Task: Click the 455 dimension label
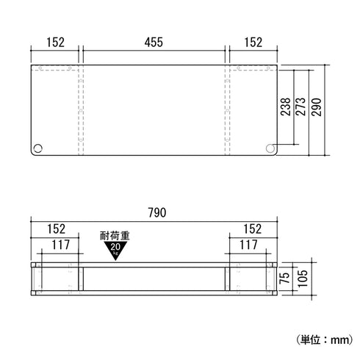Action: point(154,42)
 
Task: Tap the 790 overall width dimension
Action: point(157,212)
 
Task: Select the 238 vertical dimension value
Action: point(286,107)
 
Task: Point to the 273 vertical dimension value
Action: point(300,107)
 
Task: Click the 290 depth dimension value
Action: point(316,107)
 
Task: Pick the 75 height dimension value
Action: point(285,278)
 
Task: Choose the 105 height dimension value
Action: point(303,278)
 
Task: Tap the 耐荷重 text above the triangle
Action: point(115,236)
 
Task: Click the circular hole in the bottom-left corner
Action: point(37,148)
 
